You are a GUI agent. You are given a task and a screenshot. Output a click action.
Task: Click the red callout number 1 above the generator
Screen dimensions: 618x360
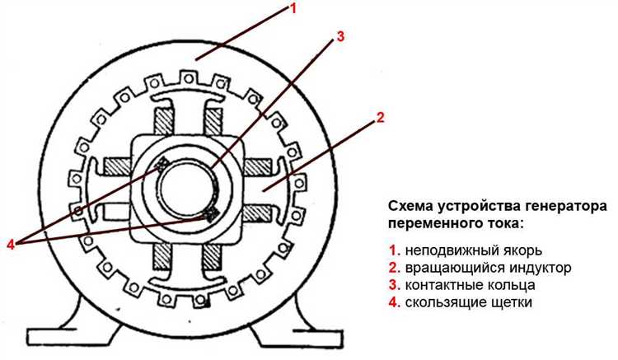click(x=293, y=8)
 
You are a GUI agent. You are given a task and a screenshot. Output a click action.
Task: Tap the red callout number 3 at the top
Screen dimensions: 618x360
click(x=339, y=36)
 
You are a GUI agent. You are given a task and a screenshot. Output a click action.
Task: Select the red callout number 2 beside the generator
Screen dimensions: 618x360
click(x=380, y=117)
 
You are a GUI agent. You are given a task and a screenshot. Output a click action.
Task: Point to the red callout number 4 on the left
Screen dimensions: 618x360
click(x=11, y=244)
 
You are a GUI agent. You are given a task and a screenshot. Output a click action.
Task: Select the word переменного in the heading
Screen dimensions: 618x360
click(x=434, y=224)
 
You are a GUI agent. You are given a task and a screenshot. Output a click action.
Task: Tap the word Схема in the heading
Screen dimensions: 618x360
click(x=410, y=207)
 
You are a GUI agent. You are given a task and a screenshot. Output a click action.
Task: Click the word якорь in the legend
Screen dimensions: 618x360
click(x=522, y=250)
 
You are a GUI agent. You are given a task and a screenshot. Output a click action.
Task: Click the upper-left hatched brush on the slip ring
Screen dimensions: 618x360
click(x=162, y=164)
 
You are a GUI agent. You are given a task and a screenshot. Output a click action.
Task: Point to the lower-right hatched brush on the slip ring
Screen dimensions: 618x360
click(x=211, y=213)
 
